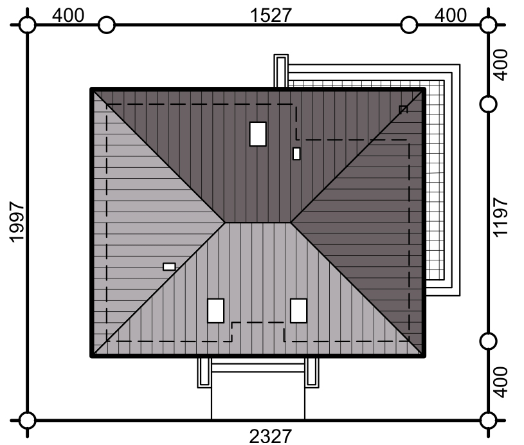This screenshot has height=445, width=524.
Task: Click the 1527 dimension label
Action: click(271, 15)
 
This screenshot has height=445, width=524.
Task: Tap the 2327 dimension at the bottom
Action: click(270, 437)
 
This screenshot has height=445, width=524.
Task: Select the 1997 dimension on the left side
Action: click(16, 222)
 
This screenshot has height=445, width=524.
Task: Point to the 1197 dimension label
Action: click(500, 217)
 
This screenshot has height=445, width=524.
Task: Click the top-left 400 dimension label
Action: click(68, 15)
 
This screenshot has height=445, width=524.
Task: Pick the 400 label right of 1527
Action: click(451, 15)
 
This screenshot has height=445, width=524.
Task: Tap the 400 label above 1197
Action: click(500, 65)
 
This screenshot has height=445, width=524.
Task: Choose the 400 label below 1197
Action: click(500, 383)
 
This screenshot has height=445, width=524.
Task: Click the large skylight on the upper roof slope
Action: click(258, 134)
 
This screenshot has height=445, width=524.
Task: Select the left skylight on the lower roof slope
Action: click(216, 311)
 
